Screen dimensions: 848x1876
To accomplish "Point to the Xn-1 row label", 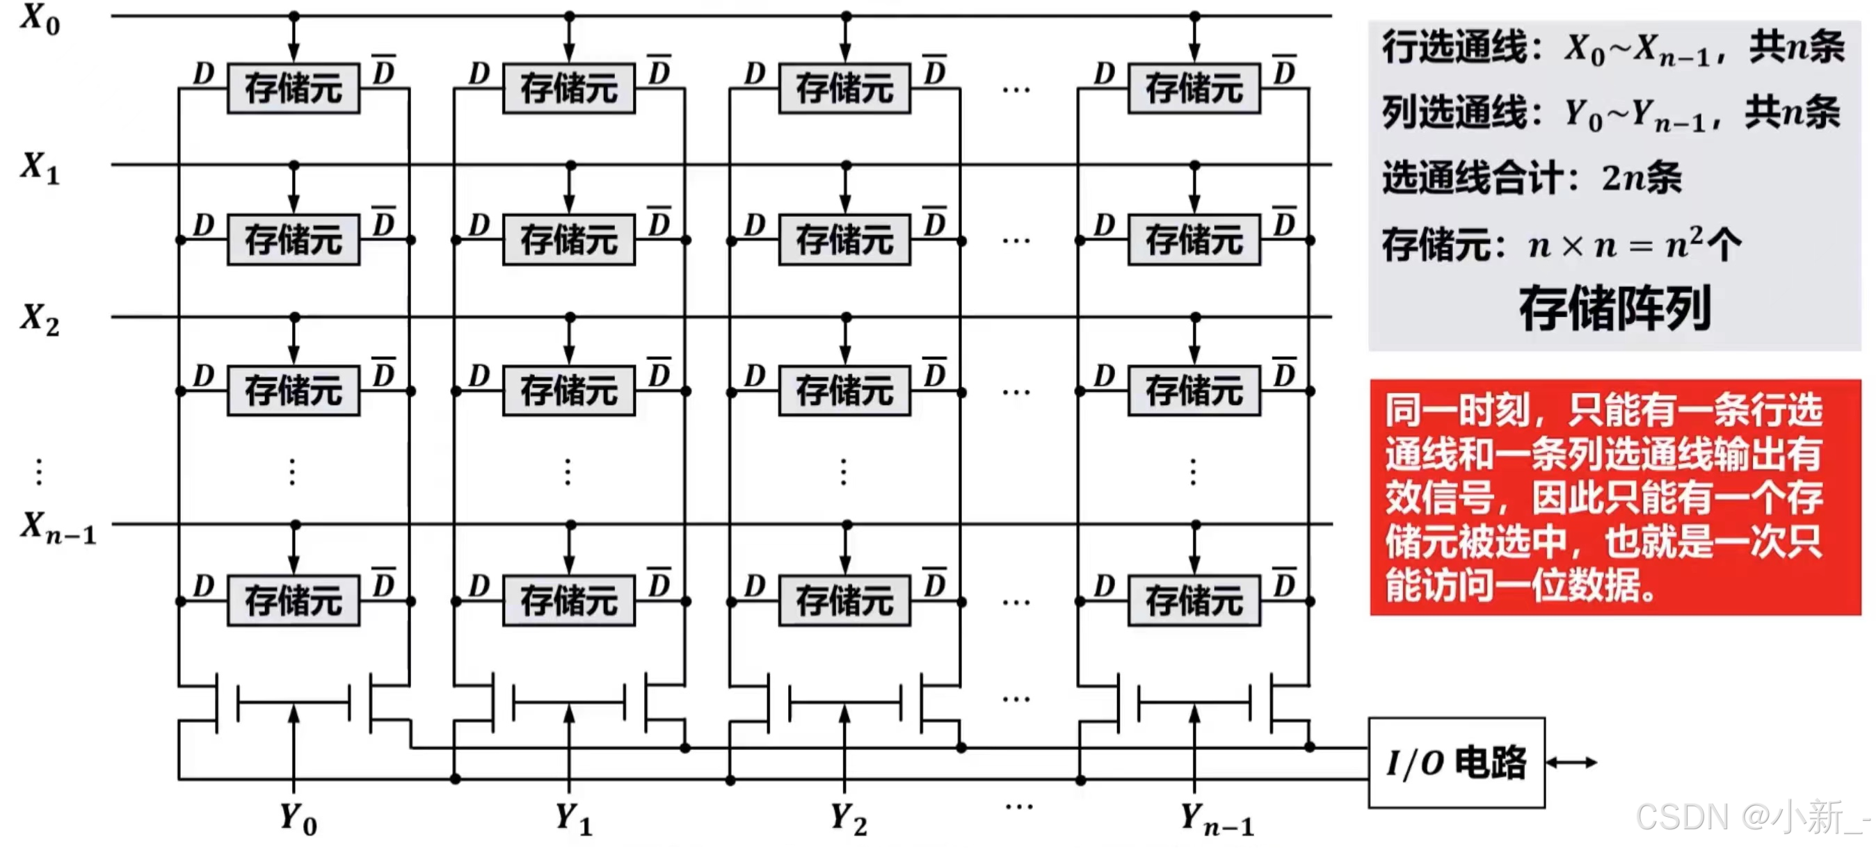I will pyautogui.click(x=57, y=528).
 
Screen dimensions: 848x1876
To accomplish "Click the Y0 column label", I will pyautogui.click(x=298, y=819).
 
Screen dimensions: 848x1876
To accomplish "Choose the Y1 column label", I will pyautogui.click(x=573, y=819).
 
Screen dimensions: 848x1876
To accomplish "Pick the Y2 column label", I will pyautogui.click(x=849, y=819).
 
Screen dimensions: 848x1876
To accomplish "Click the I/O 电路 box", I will pyautogui.click(x=1456, y=763).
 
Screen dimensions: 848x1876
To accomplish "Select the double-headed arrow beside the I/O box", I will pyautogui.click(x=1571, y=763).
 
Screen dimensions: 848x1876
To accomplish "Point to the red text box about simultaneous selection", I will pyautogui.click(x=1614, y=497).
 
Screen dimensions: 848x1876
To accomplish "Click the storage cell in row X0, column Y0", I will pyautogui.click(x=293, y=89).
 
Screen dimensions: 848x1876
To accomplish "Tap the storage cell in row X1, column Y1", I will pyautogui.click(x=569, y=240).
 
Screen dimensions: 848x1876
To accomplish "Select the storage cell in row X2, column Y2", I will pyautogui.click(x=844, y=391).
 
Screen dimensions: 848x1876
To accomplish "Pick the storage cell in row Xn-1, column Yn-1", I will pyautogui.click(x=1194, y=601).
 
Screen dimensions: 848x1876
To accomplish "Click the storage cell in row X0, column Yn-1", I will pyautogui.click(x=1194, y=89).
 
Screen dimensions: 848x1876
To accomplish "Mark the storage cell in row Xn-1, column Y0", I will pyautogui.click(x=293, y=601).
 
